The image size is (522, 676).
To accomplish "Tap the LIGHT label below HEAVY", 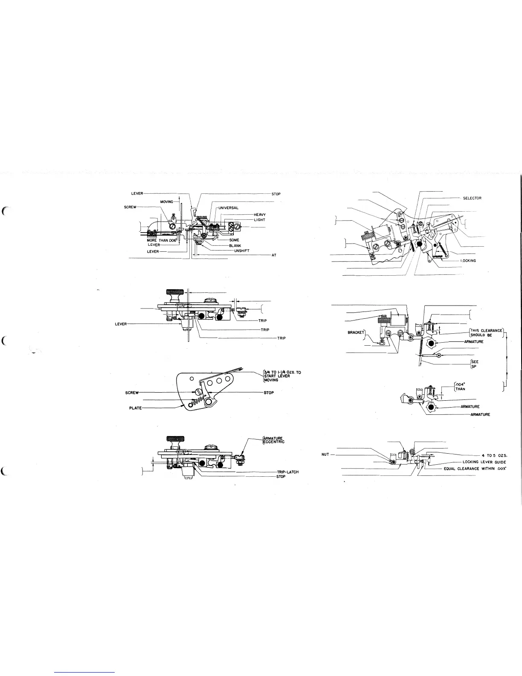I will pyautogui.click(x=259, y=220).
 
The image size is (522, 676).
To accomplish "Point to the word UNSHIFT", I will pyautogui.click(x=241, y=251).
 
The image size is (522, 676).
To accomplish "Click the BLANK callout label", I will pyautogui.click(x=235, y=245).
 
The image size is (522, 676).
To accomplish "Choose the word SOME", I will pyautogui.click(x=234, y=240).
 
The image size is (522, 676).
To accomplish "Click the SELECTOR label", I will pyautogui.click(x=472, y=198).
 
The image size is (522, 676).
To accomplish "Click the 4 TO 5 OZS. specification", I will pyautogui.click(x=493, y=455).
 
